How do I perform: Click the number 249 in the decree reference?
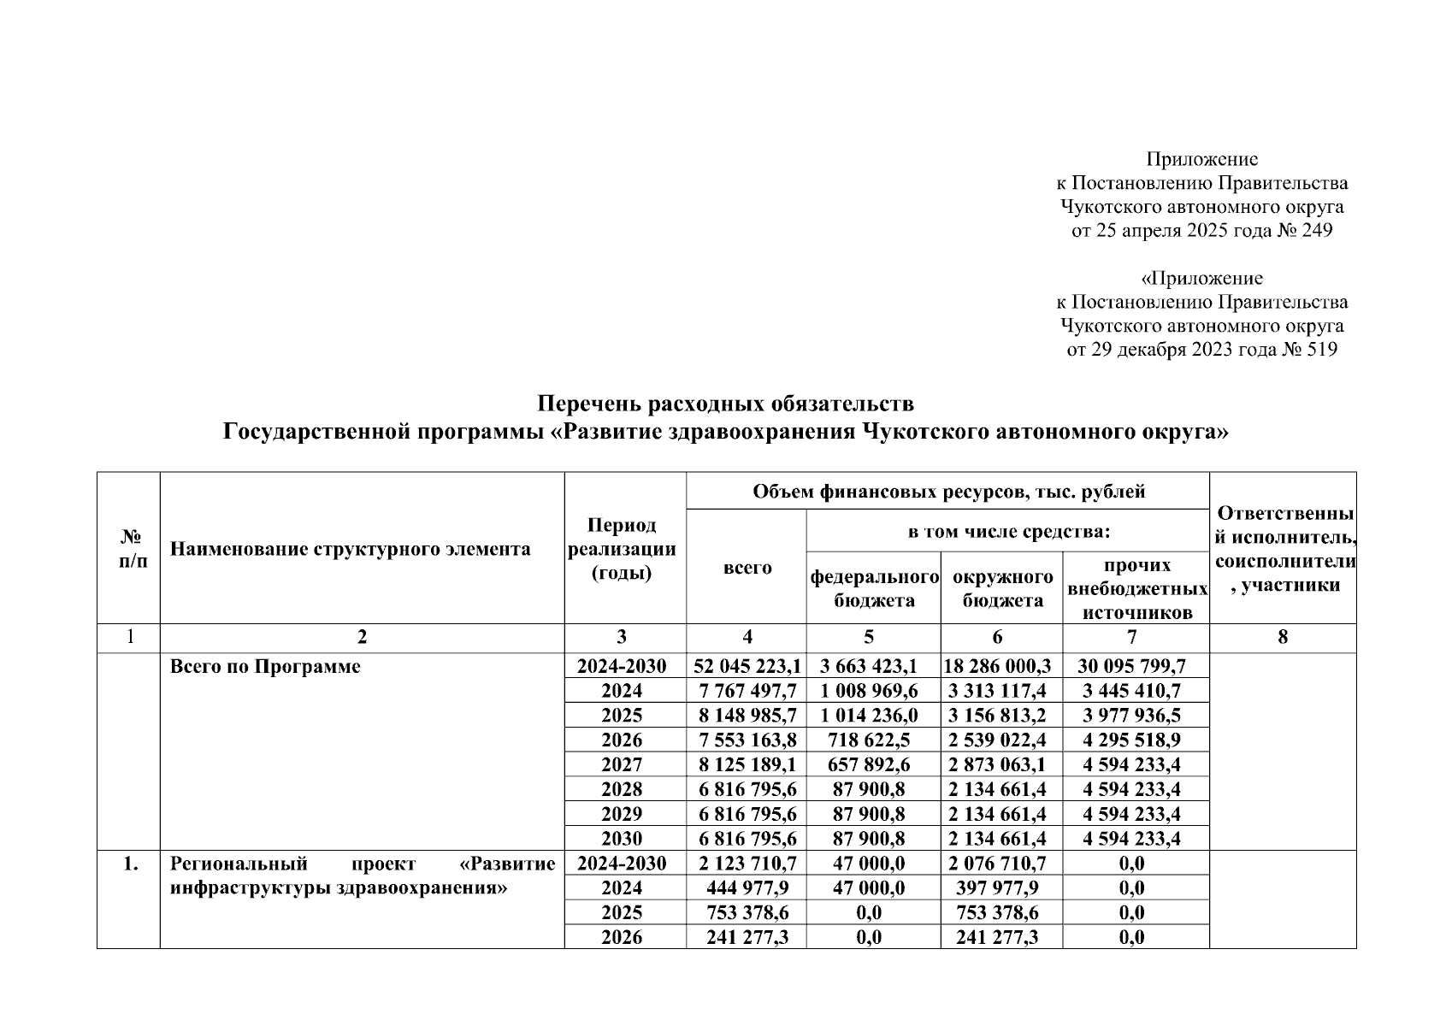tap(1316, 231)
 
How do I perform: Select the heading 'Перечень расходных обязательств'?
tap(725, 403)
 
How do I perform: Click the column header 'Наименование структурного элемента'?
tap(350, 549)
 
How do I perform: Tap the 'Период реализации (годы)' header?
tap(623, 549)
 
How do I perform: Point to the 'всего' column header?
tap(747, 568)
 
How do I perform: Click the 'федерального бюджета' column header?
tap(874, 588)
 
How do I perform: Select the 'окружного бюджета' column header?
tap(1002, 588)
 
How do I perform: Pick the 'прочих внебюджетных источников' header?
tap(1136, 588)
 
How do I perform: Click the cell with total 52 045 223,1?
tap(747, 666)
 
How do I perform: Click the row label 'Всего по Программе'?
tap(265, 667)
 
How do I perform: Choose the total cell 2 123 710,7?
tap(747, 864)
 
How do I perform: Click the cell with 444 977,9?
tap(747, 888)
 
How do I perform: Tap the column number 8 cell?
tap(1282, 637)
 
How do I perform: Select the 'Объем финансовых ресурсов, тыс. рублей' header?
tap(948, 492)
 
